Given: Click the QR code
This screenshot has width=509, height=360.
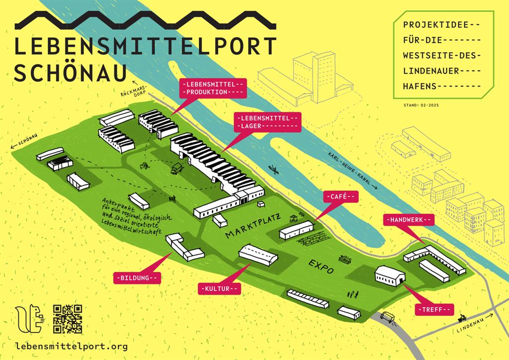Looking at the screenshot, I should point(68,319).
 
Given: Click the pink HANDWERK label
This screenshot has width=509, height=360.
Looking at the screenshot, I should point(409,219).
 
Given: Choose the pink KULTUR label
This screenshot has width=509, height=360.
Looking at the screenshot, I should point(219,288).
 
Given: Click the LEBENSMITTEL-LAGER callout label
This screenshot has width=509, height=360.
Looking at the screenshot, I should point(268,122).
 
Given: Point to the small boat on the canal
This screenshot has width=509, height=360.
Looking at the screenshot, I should point(273,170).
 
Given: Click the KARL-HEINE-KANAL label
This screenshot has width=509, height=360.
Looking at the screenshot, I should point(351,170).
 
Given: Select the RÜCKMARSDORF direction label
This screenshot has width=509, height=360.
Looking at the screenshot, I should point(134,90).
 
